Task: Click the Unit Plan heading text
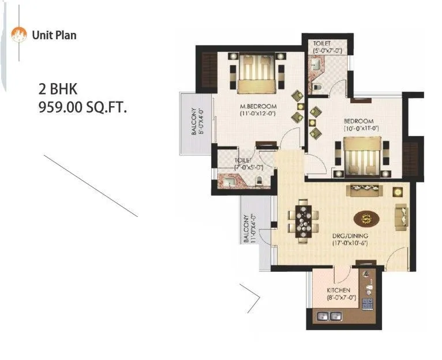pyautogui.click(x=54, y=35)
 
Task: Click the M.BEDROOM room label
pyautogui.click(x=258, y=107)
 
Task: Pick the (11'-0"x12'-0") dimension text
pyautogui.click(x=258, y=114)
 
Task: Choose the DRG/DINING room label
pyautogui.click(x=350, y=236)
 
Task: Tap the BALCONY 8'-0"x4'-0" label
pyautogui.click(x=198, y=122)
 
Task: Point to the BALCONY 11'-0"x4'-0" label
pyautogui.click(x=249, y=229)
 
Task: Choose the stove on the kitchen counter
pyautogui.click(x=367, y=304)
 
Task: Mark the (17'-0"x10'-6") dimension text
pyautogui.click(x=350, y=243)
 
